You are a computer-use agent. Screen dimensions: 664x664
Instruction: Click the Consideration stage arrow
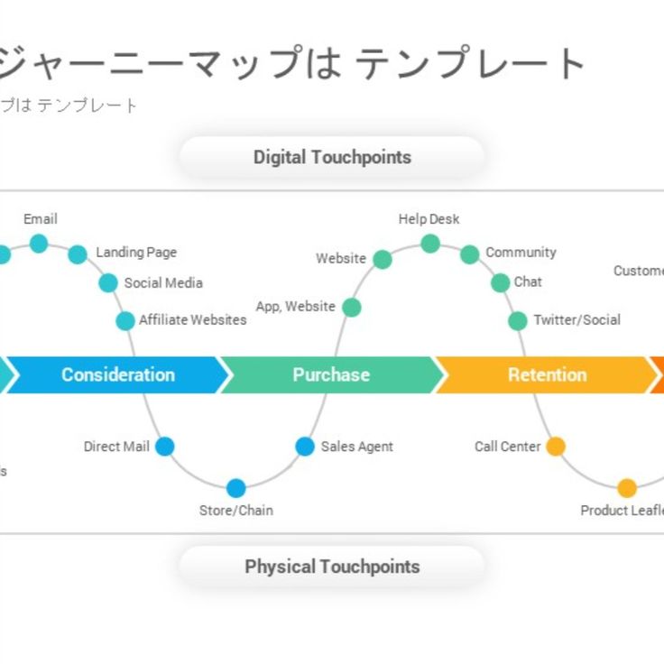click(117, 374)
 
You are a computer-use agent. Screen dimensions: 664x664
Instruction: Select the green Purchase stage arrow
click(330, 374)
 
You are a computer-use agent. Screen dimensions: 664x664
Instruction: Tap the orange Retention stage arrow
click(546, 374)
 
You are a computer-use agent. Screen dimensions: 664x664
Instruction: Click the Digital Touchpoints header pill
click(332, 157)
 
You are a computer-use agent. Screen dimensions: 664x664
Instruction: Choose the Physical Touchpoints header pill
click(332, 567)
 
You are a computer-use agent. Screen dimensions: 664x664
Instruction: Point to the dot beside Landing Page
click(78, 254)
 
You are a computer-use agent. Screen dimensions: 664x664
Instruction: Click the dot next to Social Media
click(108, 283)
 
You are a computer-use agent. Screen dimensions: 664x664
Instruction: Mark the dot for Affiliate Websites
click(125, 321)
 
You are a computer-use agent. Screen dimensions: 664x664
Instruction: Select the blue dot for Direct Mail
click(164, 447)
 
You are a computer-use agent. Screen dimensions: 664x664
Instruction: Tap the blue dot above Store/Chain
click(235, 488)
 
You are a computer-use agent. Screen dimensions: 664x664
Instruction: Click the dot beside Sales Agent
click(305, 447)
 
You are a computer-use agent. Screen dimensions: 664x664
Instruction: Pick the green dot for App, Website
click(352, 308)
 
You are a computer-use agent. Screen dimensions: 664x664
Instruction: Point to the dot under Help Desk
click(430, 244)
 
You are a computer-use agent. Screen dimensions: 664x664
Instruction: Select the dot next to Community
click(469, 254)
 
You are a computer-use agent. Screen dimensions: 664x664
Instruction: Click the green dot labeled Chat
click(500, 283)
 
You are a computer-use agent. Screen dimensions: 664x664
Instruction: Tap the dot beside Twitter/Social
click(517, 321)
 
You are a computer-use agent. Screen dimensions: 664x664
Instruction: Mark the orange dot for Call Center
click(556, 447)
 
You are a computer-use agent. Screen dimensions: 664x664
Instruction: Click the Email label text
click(41, 219)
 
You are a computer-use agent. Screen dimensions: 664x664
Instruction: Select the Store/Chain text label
click(235, 511)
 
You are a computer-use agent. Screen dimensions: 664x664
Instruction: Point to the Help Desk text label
click(429, 219)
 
